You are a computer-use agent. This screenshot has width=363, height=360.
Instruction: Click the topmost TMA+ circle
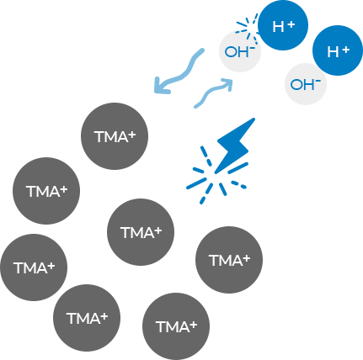pyautogui.click(x=115, y=136)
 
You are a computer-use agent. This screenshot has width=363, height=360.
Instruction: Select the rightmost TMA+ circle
pyautogui.click(x=229, y=260)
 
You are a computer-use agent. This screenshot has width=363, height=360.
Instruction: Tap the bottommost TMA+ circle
pyautogui.click(x=176, y=326)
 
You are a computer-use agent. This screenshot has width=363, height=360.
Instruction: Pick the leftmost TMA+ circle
pyautogui.click(x=34, y=267)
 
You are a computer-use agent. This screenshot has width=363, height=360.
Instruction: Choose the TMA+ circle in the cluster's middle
pyautogui.click(x=141, y=232)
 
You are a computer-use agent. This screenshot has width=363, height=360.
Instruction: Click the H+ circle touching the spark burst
pyautogui.click(x=283, y=25)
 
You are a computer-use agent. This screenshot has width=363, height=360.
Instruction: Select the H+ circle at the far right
pyautogui.click(x=338, y=50)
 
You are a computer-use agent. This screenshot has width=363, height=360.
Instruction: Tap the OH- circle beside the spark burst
pyautogui.click(x=240, y=51)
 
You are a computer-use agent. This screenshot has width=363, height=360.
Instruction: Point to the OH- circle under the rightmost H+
pyautogui.click(x=306, y=84)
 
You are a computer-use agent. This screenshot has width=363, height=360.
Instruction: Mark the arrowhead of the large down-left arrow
pyautogui.click(x=162, y=86)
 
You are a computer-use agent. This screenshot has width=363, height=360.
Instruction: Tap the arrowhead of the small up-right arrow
pyautogui.click(x=227, y=83)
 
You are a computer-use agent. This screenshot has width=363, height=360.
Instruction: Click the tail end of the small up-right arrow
pyautogui.click(x=195, y=107)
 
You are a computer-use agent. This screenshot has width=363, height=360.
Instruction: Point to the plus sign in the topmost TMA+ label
pyautogui.click(x=131, y=135)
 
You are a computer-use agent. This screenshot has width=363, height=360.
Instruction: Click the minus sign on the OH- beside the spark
pyautogui.click(x=252, y=49)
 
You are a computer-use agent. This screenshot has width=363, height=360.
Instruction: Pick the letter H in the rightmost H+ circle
pyautogui.click(x=333, y=52)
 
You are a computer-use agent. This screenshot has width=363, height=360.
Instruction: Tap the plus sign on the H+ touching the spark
pyautogui.click(x=291, y=24)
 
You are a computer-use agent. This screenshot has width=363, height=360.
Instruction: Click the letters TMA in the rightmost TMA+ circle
pyautogui.click(x=226, y=261)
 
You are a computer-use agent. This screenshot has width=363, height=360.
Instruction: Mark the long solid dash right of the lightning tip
pyautogui.click(x=238, y=167)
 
